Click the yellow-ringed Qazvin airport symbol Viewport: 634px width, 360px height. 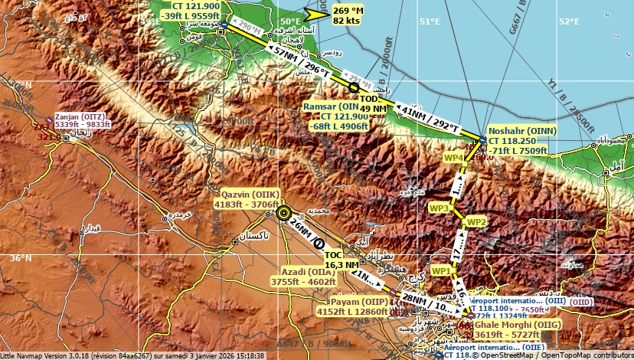click(284, 213)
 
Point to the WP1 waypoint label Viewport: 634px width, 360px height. click(441, 271)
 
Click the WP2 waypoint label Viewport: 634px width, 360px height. click(476, 222)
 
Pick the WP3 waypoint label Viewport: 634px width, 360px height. click(439, 208)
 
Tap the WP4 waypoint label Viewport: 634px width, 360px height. click(454, 157)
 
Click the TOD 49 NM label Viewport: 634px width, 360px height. click(370, 104)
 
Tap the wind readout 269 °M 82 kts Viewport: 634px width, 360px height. click(348, 15)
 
